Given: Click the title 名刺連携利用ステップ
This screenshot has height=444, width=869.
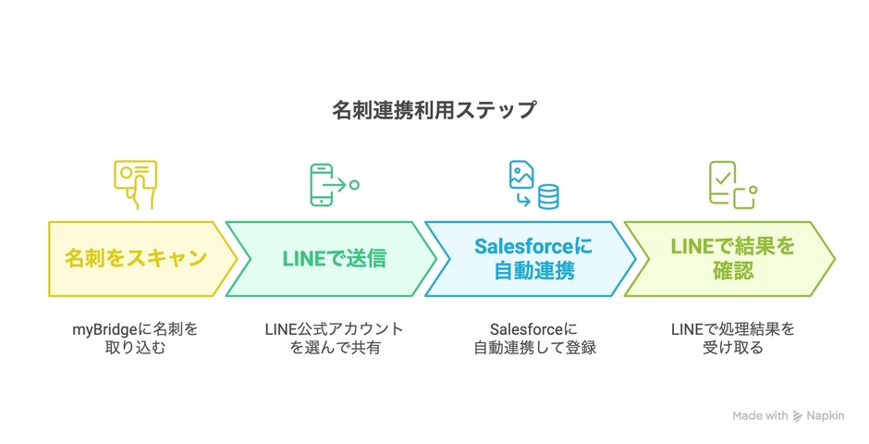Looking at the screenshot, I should click(x=434, y=110).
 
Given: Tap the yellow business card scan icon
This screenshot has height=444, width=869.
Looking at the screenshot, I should click(x=136, y=184).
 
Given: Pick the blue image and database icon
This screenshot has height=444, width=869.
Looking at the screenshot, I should click(x=533, y=184).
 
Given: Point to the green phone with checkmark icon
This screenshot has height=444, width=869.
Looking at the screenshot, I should click(x=730, y=184).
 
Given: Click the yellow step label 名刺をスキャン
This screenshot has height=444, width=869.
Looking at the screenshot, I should click(x=135, y=258).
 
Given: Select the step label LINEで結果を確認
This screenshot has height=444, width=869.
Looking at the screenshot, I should click(x=731, y=258).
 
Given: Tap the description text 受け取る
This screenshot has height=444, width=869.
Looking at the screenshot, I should click(x=731, y=349).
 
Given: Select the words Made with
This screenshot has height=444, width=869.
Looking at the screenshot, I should click(x=760, y=416).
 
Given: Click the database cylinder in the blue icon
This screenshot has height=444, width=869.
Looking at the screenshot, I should click(x=549, y=196).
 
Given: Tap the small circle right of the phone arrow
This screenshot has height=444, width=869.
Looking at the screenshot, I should click(x=354, y=185).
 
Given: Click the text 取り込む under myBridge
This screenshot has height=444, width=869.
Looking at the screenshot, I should click(x=135, y=349).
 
